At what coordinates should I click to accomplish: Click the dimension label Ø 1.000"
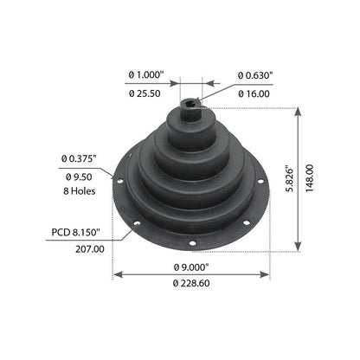point(146,75)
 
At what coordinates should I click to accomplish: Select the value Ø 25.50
point(145,93)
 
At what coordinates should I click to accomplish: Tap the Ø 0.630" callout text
point(255,75)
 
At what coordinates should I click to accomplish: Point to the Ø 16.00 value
point(254,93)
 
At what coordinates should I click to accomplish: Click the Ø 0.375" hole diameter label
point(79,158)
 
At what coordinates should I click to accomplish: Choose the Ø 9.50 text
point(79,177)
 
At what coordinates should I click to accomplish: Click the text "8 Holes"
point(80,191)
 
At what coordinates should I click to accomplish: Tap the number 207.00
point(90,249)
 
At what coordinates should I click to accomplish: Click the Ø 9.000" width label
point(191,267)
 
